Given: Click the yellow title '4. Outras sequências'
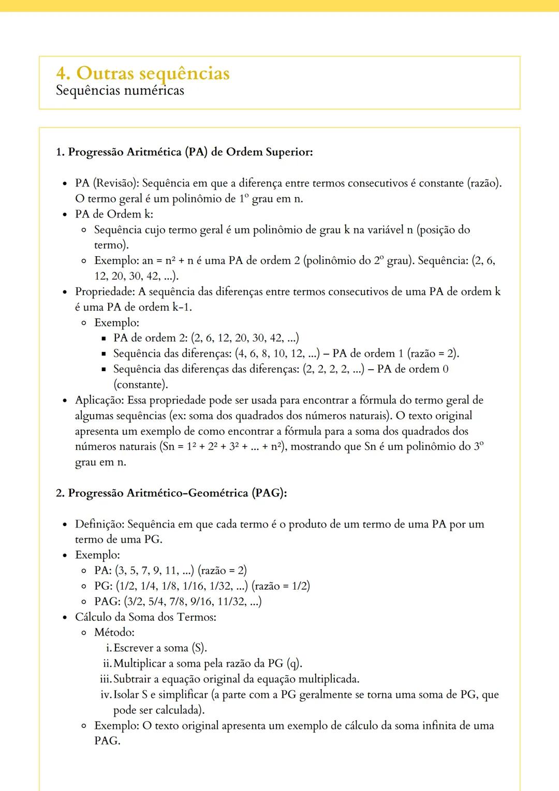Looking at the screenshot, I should [x=142, y=73].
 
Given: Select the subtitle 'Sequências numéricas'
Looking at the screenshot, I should [x=120, y=91].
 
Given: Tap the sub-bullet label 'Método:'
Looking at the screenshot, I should [x=114, y=632].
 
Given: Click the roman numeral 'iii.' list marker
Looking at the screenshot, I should [x=106, y=679].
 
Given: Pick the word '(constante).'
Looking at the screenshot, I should [x=140, y=385].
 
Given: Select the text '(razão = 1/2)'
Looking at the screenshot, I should [x=281, y=586].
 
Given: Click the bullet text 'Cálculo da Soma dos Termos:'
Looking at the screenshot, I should [x=145, y=617].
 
